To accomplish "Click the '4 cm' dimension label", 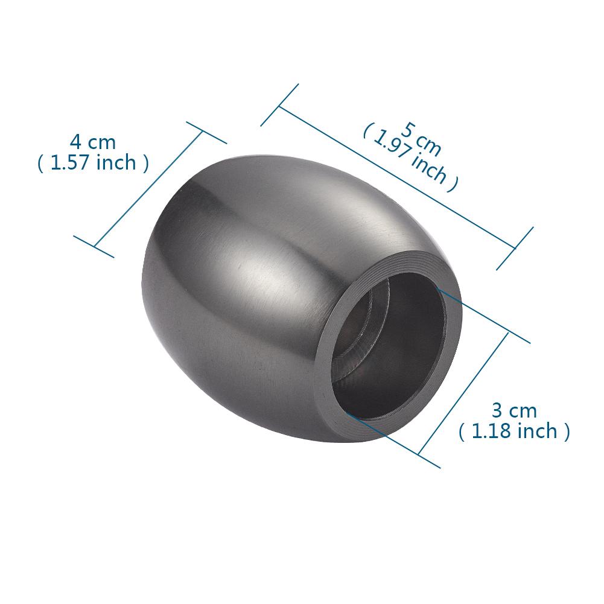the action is [x=93, y=142].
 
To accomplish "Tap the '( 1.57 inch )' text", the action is [x=93, y=162].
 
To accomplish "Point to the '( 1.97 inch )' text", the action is [x=411, y=158].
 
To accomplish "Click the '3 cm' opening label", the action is [x=514, y=411].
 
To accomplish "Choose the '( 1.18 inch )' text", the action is [x=514, y=431].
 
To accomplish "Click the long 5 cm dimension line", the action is [x=397, y=177].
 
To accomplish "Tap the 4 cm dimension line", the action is [x=148, y=189].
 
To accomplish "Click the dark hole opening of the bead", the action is [x=389, y=347].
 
